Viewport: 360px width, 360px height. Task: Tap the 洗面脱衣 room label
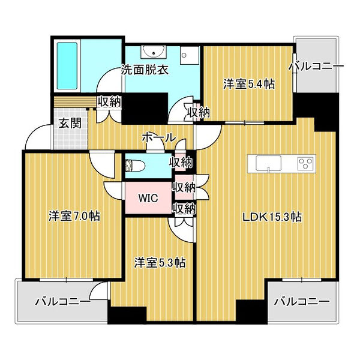click(x=145, y=69)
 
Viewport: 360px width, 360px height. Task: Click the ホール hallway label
click(x=158, y=137)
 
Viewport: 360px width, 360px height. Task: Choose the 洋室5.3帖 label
click(x=159, y=262)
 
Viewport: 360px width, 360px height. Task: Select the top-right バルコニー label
click(x=316, y=66)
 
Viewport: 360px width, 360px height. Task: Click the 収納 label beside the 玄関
click(x=109, y=101)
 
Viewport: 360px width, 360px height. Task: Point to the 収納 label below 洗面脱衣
click(x=198, y=112)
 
